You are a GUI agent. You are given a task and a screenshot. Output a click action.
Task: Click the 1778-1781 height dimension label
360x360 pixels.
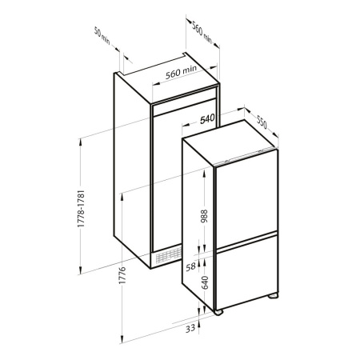point(81,209)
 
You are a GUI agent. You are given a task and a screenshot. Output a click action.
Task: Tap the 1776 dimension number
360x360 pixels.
point(122,275)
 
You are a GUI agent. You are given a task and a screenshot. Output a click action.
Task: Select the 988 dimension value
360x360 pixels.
point(204,216)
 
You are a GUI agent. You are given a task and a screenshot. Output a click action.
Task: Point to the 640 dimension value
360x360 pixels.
point(205,282)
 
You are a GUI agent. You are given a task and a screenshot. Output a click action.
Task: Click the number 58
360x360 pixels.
point(190,267)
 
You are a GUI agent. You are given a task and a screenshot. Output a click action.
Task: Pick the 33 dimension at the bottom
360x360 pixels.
point(190,329)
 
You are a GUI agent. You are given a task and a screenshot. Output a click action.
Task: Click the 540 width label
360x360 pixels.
point(207,119)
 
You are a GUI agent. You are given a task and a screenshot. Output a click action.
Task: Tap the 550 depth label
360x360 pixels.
point(262,122)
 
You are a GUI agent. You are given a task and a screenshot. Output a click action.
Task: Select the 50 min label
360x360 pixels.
point(102,35)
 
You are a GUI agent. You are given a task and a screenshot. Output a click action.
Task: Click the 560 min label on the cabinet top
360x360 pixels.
point(181,72)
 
